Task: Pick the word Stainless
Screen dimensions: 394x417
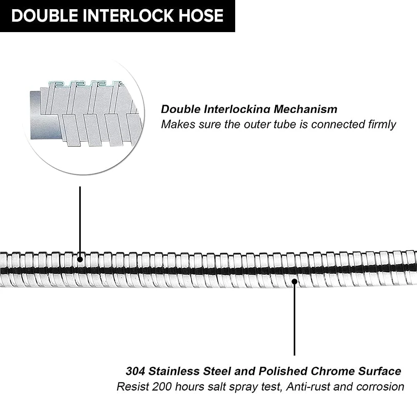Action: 172,371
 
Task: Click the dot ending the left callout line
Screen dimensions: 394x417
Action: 80,259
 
